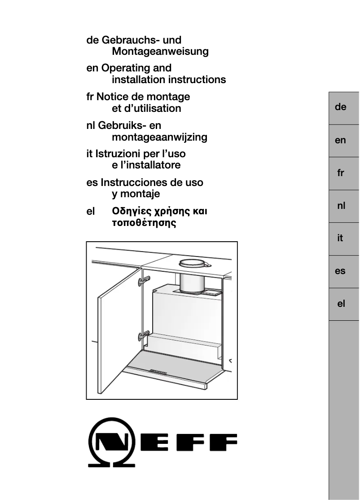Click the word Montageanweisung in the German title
pyautogui.click(x=160, y=52)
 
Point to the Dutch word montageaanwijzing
pyautogui.click(x=159, y=137)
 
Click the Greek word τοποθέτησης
pyautogui.click(x=144, y=223)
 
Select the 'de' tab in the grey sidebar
pyautogui.click(x=340, y=107)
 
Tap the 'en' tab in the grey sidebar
pyautogui.click(x=340, y=140)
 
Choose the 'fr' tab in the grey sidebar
pyautogui.click(x=340, y=173)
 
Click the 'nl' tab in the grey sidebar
pyautogui.click(x=340, y=206)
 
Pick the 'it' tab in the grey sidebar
pyautogui.click(x=340, y=239)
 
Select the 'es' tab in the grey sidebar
pyautogui.click(x=340, y=271)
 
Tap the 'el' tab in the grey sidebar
pyautogui.click(x=340, y=304)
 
